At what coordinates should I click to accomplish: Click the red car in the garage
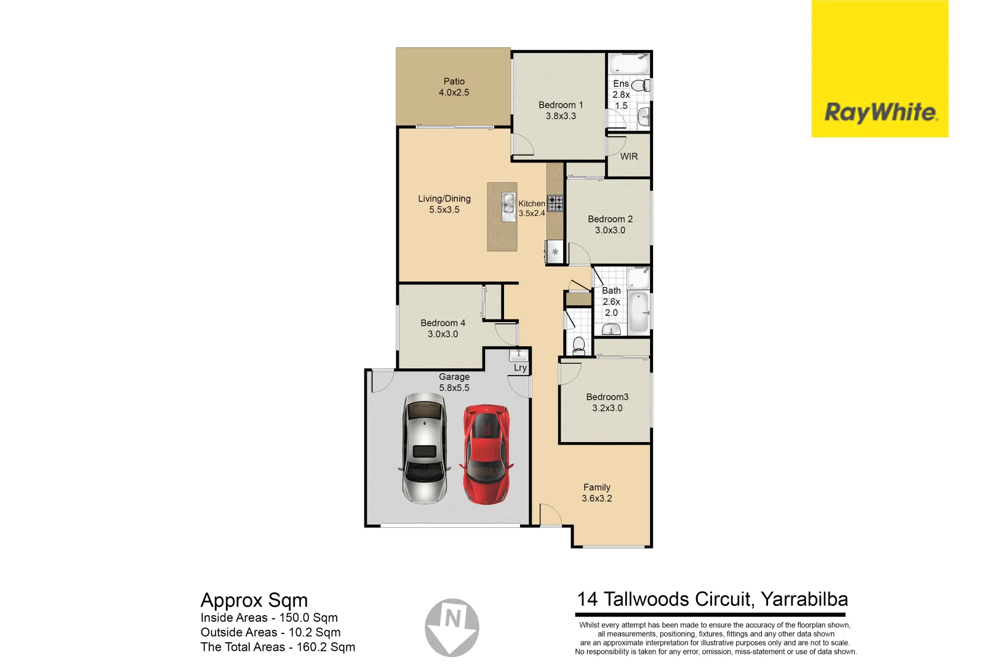tap(486, 454)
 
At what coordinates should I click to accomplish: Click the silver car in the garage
tap(425, 448)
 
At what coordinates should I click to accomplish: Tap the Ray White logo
tap(879, 113)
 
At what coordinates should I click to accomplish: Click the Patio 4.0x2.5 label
tap(454, 87)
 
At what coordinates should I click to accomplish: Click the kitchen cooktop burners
tap(555, 203)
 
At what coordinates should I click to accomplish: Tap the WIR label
tap(628, 156)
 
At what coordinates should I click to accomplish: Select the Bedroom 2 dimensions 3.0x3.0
tap(609, 230)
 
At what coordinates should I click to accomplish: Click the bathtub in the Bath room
tap(639, 311)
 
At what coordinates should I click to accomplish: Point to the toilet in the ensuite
tap(639, 85)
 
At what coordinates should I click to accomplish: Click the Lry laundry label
tap(520, 368)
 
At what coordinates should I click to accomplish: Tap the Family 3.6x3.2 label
tap(596, 493)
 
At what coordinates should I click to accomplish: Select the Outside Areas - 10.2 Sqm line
tap(270, 632)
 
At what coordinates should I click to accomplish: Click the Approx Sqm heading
tap(254, 600)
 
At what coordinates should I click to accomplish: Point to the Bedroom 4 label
tap(442, 323)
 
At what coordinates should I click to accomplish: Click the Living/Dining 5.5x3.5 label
tap(444, 204)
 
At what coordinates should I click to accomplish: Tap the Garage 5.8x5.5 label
tap(454, 382)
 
